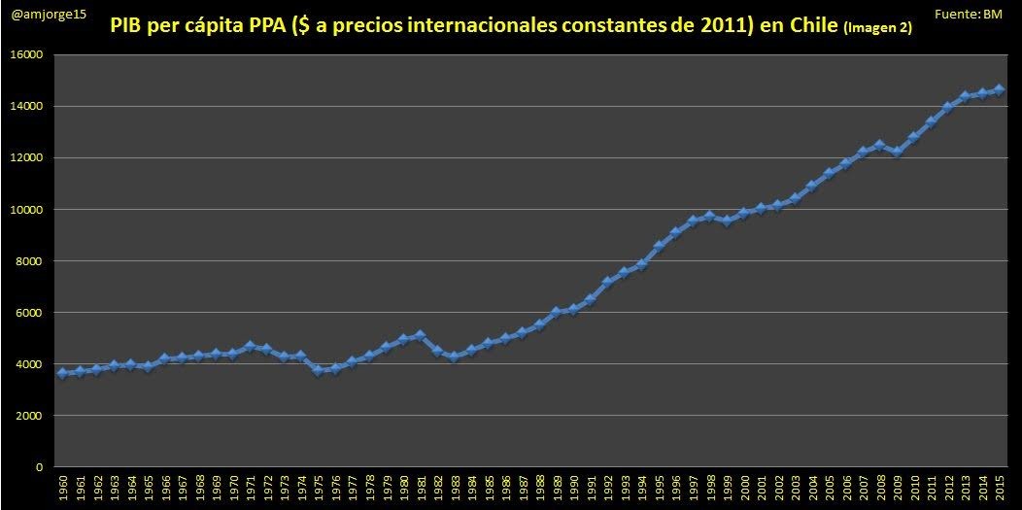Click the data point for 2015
tap(1000, 89)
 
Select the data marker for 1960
tap(62, 373)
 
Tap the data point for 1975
tap(318, 370)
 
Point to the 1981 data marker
tap(420, 335)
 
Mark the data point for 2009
tap(897, 153)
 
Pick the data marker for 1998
tap(709, 216)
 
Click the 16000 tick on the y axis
tap(27, 55)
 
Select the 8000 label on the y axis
tap(30, 261)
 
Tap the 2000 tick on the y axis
tap(30, 416)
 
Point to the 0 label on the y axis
tap(40, 467)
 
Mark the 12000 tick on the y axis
tap(27, 158)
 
